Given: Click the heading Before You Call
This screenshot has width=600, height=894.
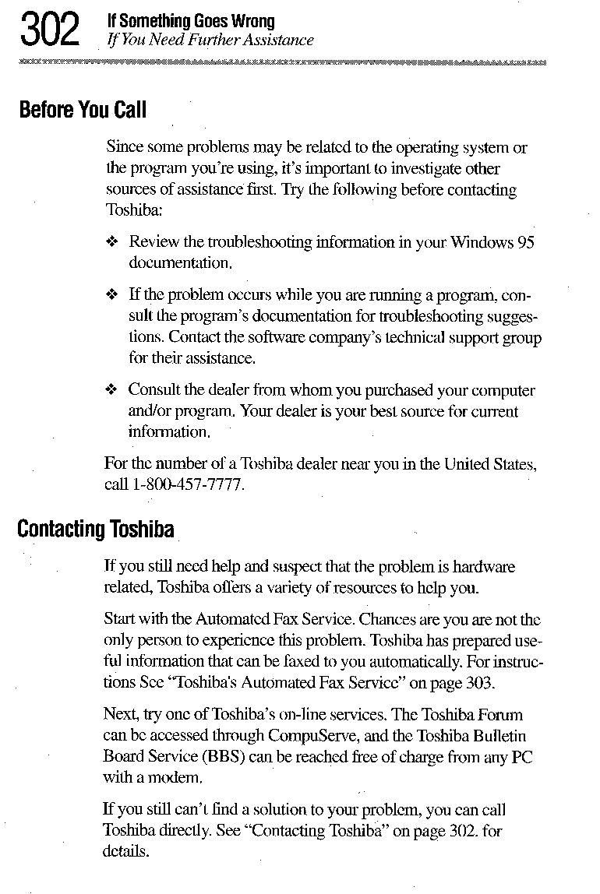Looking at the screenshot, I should pyautogui.click(x=83, y=110).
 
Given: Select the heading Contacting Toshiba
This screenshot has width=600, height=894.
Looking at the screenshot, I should pyautogui.click(x=96, y=530).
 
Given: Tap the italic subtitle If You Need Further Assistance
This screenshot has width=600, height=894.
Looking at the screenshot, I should pyautogui.click(x=210, y=40).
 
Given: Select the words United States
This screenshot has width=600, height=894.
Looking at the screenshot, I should pyautogui.click(x=490, y=465).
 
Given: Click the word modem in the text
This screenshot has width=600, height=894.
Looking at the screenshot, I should pyautogui.click(x=178, y=777).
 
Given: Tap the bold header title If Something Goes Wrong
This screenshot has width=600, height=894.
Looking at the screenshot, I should pyautogui.click(x=191, y=20).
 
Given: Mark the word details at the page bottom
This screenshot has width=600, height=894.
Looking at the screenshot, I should pyautogui.click(x=125, y=851).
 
